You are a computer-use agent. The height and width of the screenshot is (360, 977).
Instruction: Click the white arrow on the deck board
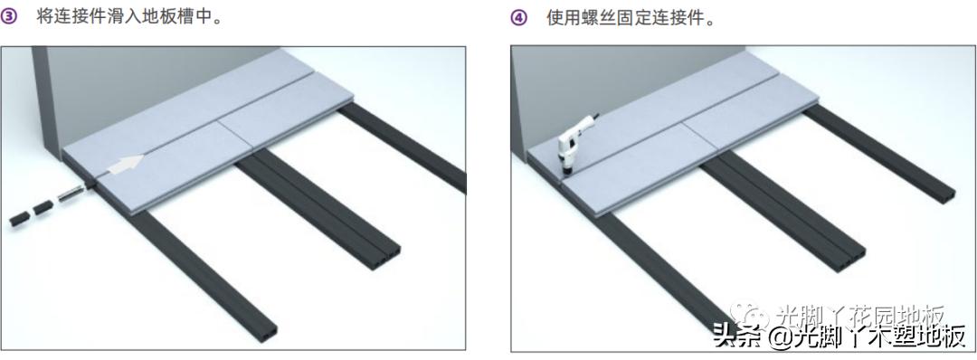(124, 166)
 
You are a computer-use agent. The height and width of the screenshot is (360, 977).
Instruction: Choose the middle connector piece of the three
(43, 208)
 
